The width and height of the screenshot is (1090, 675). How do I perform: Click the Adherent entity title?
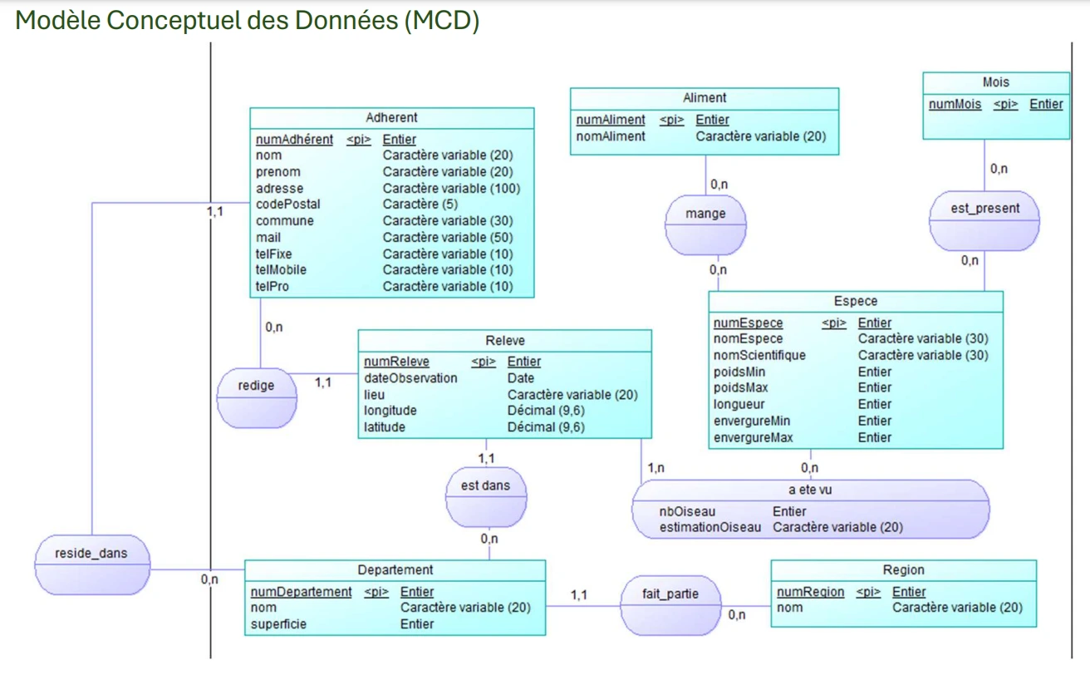(x=391, y=118)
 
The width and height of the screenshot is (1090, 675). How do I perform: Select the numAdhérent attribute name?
(x=294, y=140)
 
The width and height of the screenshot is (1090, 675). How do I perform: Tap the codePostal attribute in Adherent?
(x=287, y=204)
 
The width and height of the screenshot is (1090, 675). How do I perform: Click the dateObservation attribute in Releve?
(x=410, y=378)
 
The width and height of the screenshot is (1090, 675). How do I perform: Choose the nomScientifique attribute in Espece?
(x=759, y=356)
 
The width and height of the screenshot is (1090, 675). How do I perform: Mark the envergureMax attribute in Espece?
(x=753, y=437)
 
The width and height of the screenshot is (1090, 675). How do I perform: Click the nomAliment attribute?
(x=611, y=136)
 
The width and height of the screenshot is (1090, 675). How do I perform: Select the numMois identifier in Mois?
(x=955, y=105)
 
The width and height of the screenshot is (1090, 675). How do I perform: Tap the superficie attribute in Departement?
(x=278, y=623)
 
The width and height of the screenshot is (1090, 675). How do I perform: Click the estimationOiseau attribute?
(x=709, y=527)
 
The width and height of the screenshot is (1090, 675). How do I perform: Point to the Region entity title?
(x=903, y=570)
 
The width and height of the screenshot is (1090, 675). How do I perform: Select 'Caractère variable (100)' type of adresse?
(x=451, y=189)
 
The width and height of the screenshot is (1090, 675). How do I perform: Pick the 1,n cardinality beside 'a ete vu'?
(x=655, y=468)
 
